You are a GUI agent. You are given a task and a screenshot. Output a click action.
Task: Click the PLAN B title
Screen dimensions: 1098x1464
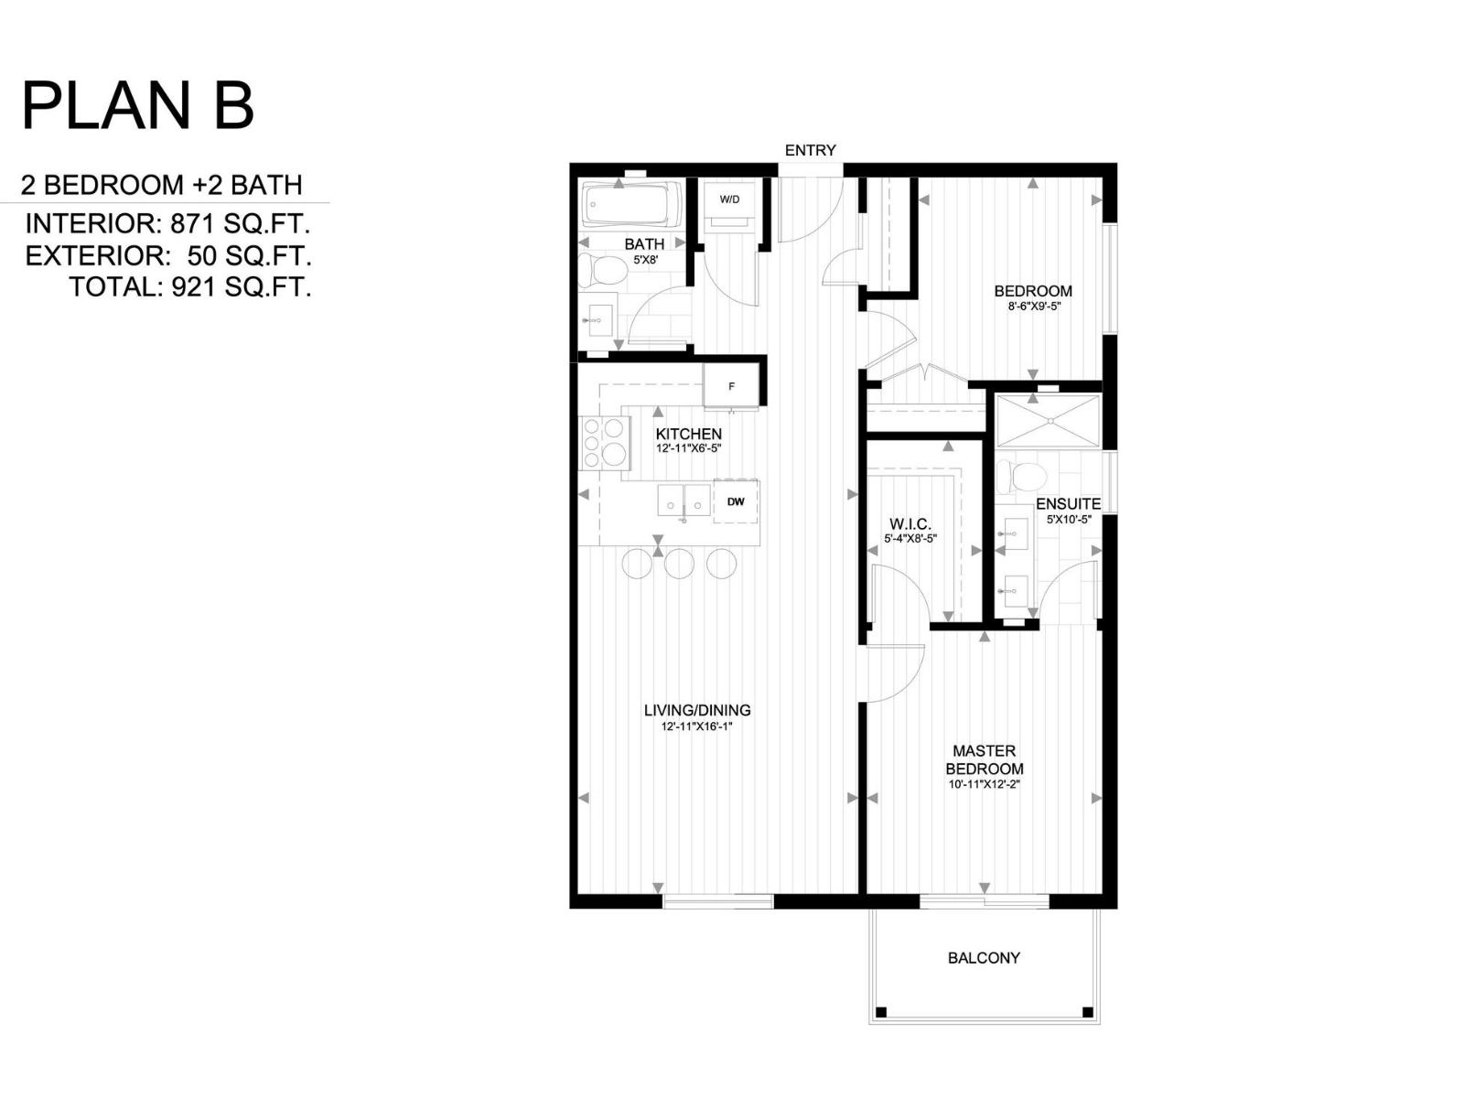tap(137, 106)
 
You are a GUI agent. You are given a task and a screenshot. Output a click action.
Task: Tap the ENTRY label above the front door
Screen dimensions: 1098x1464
tap(810, 150)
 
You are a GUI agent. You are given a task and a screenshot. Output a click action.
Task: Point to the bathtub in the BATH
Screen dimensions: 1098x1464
tap(631, 204)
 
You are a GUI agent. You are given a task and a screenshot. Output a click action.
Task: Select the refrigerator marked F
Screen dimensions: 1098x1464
tap(731, 385)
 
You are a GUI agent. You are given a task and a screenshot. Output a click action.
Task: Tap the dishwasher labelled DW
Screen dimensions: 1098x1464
tap(736, 501)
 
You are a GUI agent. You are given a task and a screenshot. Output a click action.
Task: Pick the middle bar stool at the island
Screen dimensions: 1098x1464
tap(679, 563)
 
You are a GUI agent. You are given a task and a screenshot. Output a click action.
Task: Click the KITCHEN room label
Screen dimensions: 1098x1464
tap(688, 434)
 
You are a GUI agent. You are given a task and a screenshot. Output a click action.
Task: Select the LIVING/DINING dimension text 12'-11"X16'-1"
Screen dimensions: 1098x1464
tap(697, 727)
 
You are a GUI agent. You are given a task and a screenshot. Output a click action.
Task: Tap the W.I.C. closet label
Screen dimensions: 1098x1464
tap(910, 524)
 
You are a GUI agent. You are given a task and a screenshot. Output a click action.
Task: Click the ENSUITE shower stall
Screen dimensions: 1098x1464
tap(1049, 421)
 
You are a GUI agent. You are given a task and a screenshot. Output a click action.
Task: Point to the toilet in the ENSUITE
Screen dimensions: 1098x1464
tap(1021, 476)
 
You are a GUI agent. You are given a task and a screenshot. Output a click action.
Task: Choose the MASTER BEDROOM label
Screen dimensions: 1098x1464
tap(984, 759)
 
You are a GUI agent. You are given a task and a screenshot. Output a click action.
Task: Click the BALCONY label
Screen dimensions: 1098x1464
tap(984, 958)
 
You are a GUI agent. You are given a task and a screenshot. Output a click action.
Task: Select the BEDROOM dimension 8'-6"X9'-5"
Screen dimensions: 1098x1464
tap(1033, 307)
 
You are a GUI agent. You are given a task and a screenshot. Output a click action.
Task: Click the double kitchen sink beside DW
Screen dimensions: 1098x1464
tap(684, 501)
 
